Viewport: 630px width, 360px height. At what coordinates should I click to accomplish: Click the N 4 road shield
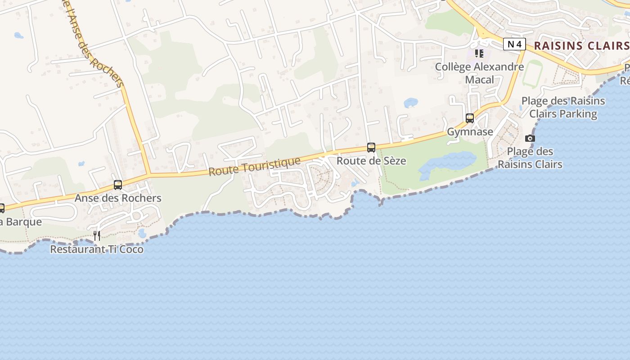(x=514, y=44)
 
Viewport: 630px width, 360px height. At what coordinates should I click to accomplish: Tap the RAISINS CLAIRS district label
(x=581, y=45)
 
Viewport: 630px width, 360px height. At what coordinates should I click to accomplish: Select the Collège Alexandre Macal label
(x=479, y=73)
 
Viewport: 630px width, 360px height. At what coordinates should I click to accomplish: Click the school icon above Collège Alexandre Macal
(x=479, y=54)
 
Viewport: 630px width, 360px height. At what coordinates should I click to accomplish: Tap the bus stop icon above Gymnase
(x=470, y=118)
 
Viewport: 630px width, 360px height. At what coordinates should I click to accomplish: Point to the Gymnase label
(x=470, y=132)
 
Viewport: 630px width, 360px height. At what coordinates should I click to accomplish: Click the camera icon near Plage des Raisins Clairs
(x=530, y=138)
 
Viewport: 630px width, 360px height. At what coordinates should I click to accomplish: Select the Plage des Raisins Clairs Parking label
(x=563, y=107)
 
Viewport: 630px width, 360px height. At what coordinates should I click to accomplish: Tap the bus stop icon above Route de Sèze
(x=371, y=147)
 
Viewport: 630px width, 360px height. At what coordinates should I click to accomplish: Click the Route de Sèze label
(x=371, y=161)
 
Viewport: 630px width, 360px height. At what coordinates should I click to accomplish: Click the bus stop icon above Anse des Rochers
(x=118, y=184)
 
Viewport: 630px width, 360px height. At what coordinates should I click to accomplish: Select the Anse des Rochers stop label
(x=118, y=198)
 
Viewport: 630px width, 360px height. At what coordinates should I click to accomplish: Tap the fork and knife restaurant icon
(x=97, y=235)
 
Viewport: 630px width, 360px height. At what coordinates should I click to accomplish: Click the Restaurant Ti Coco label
(x=97, y=249)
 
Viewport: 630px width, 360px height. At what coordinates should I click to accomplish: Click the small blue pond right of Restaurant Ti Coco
(x=142, y=233)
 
